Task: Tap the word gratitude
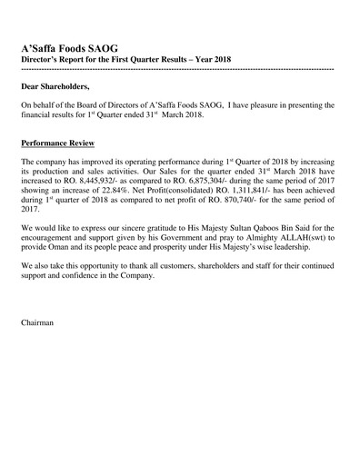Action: click(173, 227)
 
